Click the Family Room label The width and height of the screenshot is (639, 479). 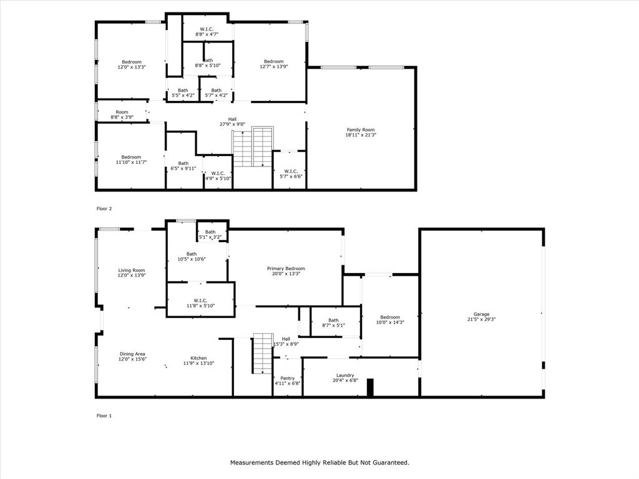[x=361, y=130]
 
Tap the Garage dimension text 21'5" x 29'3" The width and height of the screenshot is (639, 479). [x=480, y=319]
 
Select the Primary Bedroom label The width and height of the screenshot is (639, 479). [x=286, y=268]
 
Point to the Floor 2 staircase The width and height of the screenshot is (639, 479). [x=253, y=147]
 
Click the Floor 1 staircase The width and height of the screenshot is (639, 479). [x=262, y=353]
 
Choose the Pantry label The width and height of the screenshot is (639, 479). [x=287, y=378]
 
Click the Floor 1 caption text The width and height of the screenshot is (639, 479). [x=104, y=415]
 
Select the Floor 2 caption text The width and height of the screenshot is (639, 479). [x=104, y=208]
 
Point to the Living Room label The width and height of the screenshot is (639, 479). [x=132, y=270]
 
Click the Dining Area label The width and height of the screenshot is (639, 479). [x=132, y=354]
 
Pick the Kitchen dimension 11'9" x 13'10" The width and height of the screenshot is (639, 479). [x=198, y=363]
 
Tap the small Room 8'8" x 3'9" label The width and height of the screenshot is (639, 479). [x=122, y=112]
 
